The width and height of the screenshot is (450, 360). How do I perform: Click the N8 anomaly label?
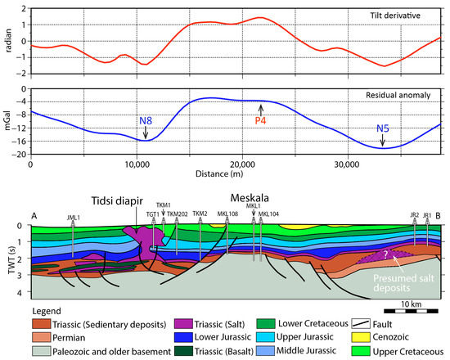tap(146, 123)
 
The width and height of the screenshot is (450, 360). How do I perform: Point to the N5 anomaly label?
tap(383, 128)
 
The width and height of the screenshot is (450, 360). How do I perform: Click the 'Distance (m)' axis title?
tap(235, 175)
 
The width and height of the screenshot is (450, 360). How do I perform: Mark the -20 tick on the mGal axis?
tap(20, 154)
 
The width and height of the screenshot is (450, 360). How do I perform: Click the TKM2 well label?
tap(200, 213)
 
